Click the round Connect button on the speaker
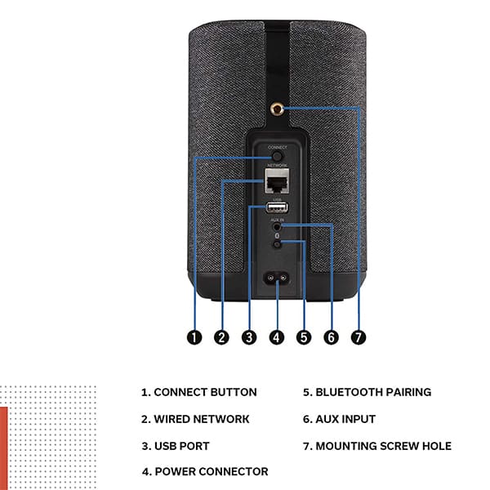pos(276,154)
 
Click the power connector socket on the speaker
pos(276,278)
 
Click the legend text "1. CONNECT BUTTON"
pos(198,393)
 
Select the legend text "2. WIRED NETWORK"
pos(195,419)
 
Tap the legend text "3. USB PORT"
pos(176,446)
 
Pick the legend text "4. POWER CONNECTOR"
pos(204,471)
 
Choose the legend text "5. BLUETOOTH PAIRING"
pos(367,393)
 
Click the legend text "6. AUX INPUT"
pos(339,419)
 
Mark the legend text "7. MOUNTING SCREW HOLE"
pos(376,446)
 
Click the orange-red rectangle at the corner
pos(3,445)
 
